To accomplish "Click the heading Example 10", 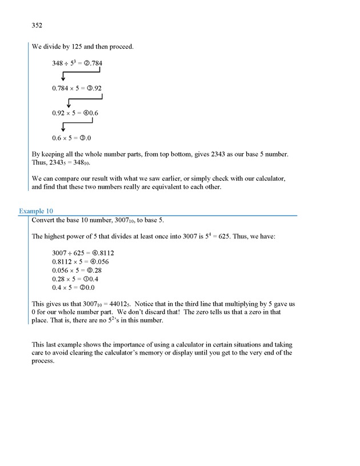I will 35,211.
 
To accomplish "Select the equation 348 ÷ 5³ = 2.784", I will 77,63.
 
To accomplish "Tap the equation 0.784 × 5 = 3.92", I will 77,88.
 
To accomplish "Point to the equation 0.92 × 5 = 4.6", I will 75,113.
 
